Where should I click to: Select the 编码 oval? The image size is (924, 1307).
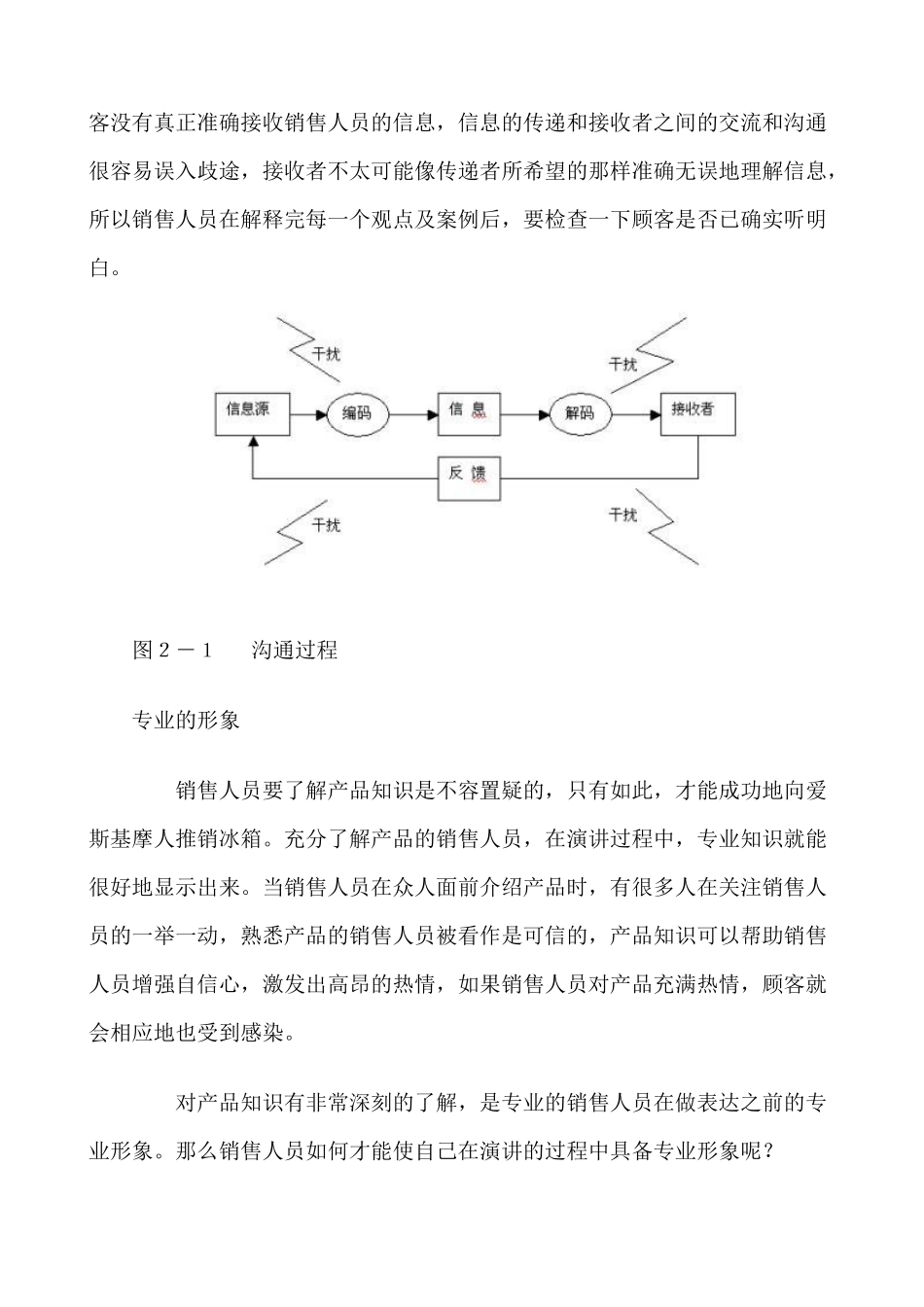(x=356, y=413)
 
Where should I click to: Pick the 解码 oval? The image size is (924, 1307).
(x=580, y=413)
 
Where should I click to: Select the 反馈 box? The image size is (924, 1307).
(x=468, y=477)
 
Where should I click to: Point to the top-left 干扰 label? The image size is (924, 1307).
(x=326, y=354)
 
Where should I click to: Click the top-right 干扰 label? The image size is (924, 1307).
(x=622, y=365)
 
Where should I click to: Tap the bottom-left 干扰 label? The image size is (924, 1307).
(x=326, y=525)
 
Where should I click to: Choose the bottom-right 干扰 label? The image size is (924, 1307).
(x=622, y=514)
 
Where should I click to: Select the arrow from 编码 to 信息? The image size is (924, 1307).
(x=413, y=415)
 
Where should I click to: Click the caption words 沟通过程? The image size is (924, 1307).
(x=295, y=651)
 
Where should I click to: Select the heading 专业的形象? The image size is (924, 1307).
(x=186, y=722)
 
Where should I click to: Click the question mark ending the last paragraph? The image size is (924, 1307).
(x=768, y=1151)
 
